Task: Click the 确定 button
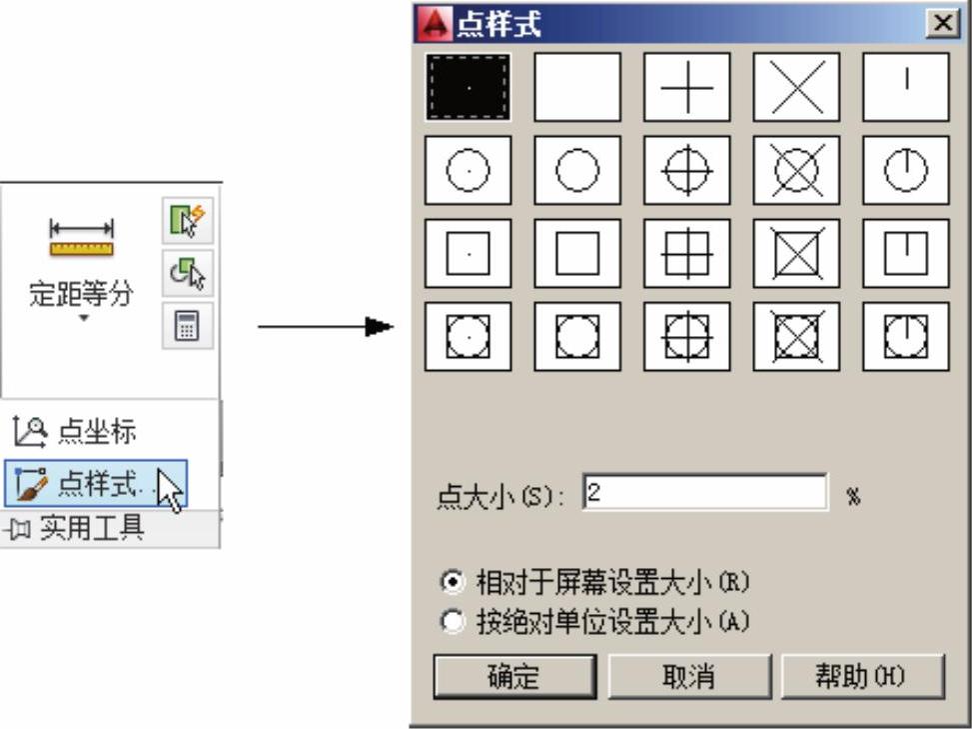pyautogui.click(x=514, y=676)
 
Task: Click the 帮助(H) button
pyautogui.click(x=863, y=676)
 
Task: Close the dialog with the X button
pyautogui.click(x=943, y=24)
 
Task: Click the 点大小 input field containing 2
pyautogui.click(x=705, y=493)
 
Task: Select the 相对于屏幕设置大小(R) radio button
pyautogui.click(x=453, y=582)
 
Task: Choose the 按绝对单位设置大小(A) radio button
pyautogui.click(x=453, y=621)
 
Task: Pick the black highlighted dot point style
pyautogui.click(x=469, y=87)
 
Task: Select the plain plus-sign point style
pyautogui.click(x=687, y=87)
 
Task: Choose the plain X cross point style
pyautogui.click(x=796, y=87)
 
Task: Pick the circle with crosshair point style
pyautogui.click(x=687, y=170)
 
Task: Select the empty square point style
pyautogui.click(x=577, y=253)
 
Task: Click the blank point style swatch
pyautogui.click(x=577, y=87)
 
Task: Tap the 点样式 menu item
pyautogui.click(x=96, y=484)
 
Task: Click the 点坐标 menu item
pyautogui.click(x=74, y=431)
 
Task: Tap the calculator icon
pyautogui.click(x=187, y=326)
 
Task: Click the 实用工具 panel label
pyautogui.click(x=92, y=529)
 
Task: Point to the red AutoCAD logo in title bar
pyautogui.click(x=435, y=24)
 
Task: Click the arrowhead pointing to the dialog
pyautogui.click(x=379, y=326)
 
